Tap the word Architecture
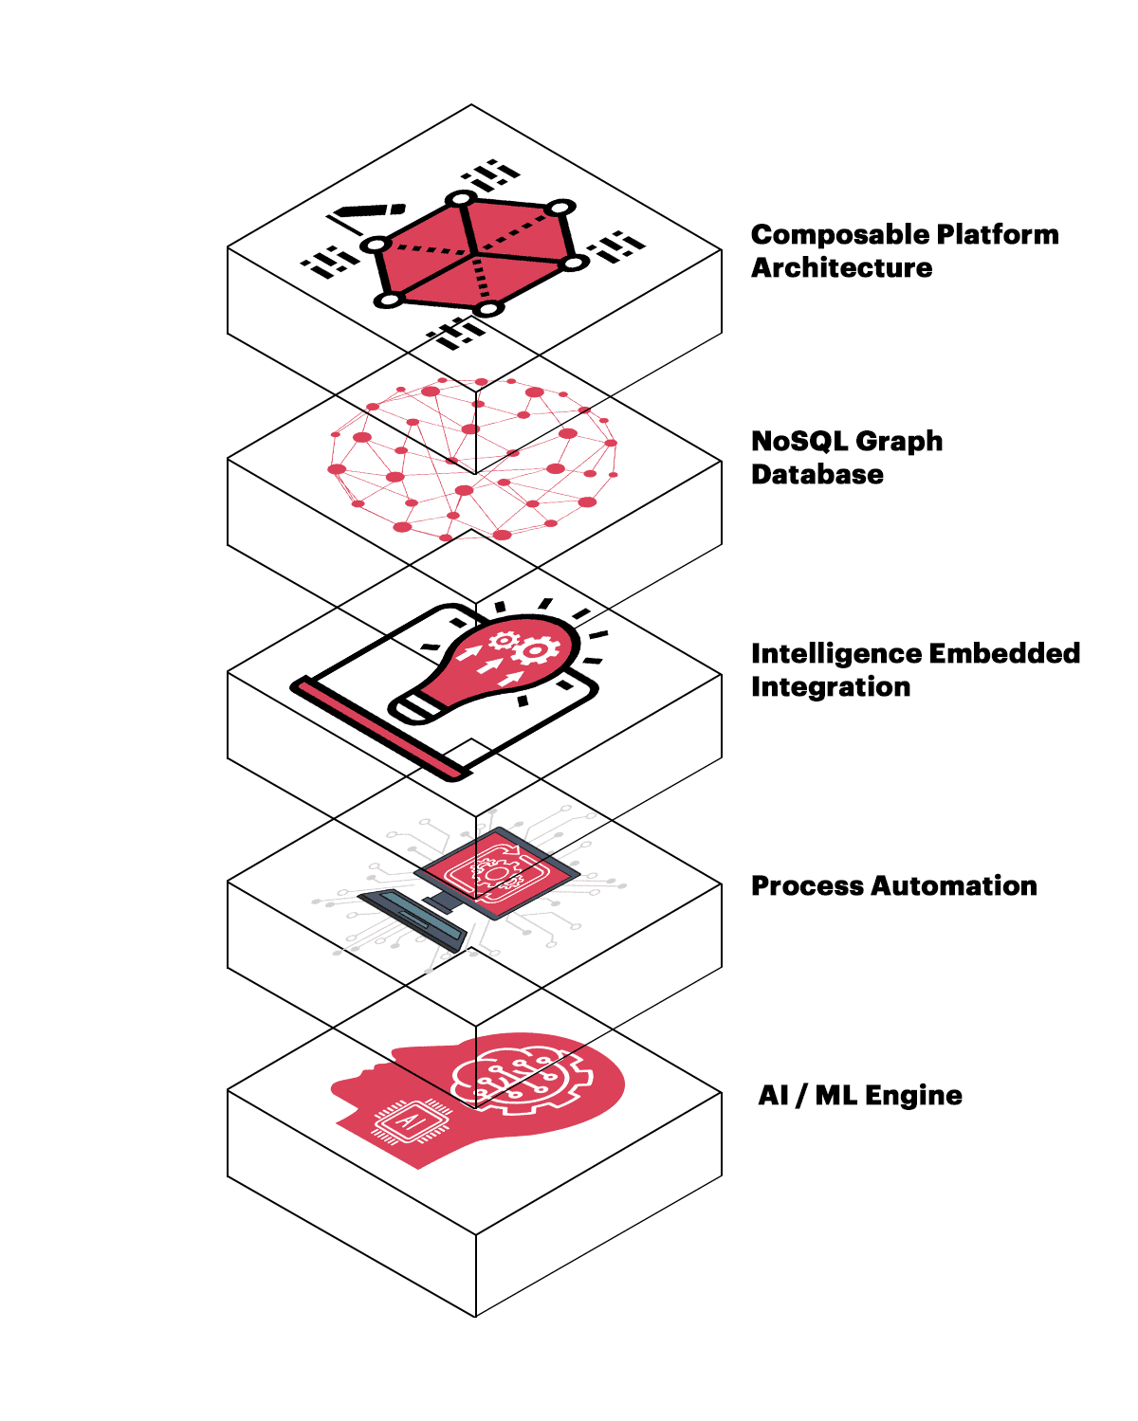(841, 268)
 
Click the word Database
(817, 475)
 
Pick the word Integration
(830, 687)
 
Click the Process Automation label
(893, 886)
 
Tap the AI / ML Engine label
(859, 1096)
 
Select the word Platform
(998, 235)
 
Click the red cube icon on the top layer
(474, 254)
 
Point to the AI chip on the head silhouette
(411, 1121)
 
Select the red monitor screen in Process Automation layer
(497, 868)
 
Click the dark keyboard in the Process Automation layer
(413, 918)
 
